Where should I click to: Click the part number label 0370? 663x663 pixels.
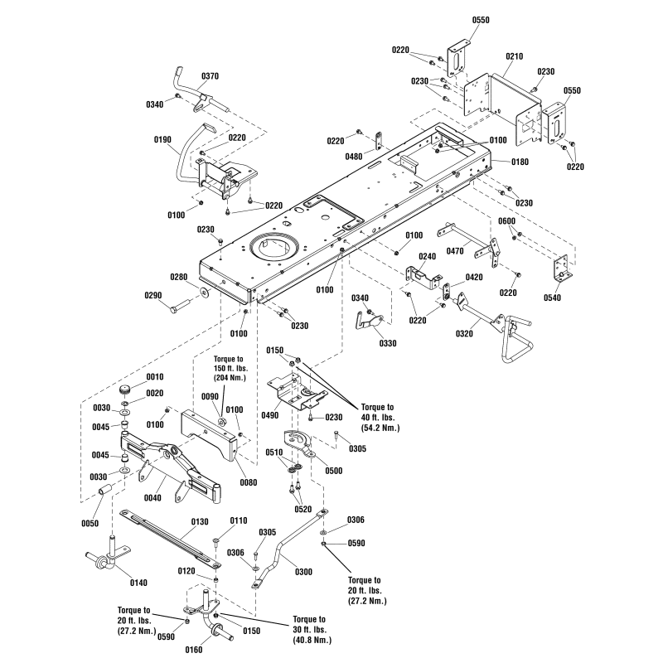coord(210,75)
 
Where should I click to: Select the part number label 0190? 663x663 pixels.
coord(162,139)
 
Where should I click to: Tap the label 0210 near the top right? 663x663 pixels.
coord(514,56)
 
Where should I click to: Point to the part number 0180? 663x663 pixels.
coord(519,162)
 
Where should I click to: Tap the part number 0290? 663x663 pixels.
coord(152,295)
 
